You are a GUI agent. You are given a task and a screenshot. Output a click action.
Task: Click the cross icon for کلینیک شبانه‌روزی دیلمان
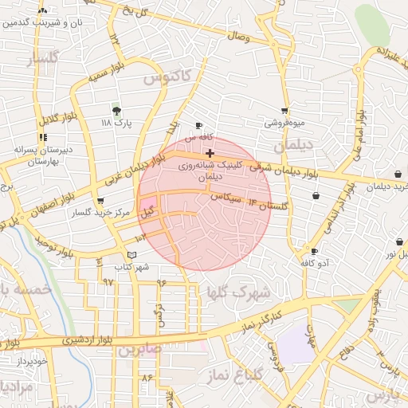click(x=210, y=153)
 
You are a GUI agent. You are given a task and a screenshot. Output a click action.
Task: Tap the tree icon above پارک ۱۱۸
click(x=116, y=111)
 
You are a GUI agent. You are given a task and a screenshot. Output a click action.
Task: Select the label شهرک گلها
click(x=237, y=292)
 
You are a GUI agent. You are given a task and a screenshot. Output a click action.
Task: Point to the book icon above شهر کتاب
click(x=132, y=255)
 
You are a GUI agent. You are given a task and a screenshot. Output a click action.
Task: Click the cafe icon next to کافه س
click(x=199, y=126)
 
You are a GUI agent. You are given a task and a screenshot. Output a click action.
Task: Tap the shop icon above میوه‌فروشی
click(x=284, y=112)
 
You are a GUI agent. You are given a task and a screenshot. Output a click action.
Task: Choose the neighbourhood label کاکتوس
click(x=167, y=77)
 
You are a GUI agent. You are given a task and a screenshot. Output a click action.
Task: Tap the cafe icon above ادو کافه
click(x=315, y=252)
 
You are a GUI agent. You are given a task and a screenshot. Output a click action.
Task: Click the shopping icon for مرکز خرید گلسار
click(x=100, y=202)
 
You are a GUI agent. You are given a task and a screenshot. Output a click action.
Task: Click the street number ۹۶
click(x=162, y=282)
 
